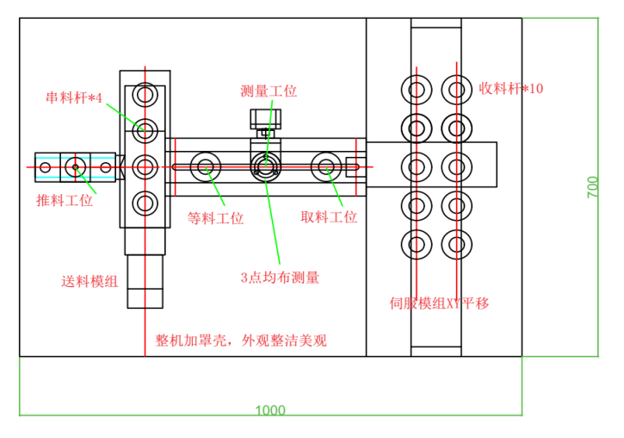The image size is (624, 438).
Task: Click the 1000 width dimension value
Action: click(x=270, y=410)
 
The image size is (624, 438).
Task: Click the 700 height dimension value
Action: click(x=593, y=187)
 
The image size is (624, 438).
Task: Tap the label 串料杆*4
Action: click(x=74, y=97)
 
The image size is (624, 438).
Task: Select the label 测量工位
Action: click(x=269, y=91)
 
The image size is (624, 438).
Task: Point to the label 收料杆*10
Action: click(x=511, y=88)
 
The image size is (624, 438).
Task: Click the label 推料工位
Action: click(x=65, y=201)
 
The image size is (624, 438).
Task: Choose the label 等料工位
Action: click(x=215, y=218)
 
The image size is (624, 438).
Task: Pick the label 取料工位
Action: click(x=329, y=217)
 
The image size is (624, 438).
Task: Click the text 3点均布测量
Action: click(x=280, y=278)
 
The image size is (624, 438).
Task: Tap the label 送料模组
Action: click(x=90, y=281)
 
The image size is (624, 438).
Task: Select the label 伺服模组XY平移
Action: click(x=439, y=303)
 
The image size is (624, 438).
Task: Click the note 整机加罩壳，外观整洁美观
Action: click(x=241, y=341)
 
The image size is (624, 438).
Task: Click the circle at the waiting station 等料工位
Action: click(x=207, y=166)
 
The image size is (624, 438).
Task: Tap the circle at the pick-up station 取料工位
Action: click(x=327, y=166)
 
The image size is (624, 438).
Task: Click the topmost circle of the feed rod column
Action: click(x=145, y=93)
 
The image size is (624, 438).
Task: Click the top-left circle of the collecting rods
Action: click(x=417, y=90)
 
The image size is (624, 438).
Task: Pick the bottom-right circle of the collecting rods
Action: click(x=456, y=244)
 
